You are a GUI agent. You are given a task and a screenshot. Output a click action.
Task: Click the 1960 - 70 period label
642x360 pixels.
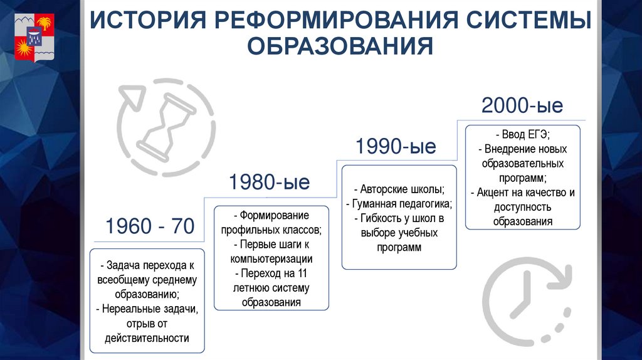point(150,226)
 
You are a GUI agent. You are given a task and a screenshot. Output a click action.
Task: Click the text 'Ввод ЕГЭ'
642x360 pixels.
point(524,135)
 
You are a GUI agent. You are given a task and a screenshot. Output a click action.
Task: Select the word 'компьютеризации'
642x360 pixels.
point(271,258)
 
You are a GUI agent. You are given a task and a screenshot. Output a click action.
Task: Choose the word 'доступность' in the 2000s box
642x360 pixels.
point(523,207)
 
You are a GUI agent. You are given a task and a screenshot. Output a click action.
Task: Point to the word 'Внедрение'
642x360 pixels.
point(506,150)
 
